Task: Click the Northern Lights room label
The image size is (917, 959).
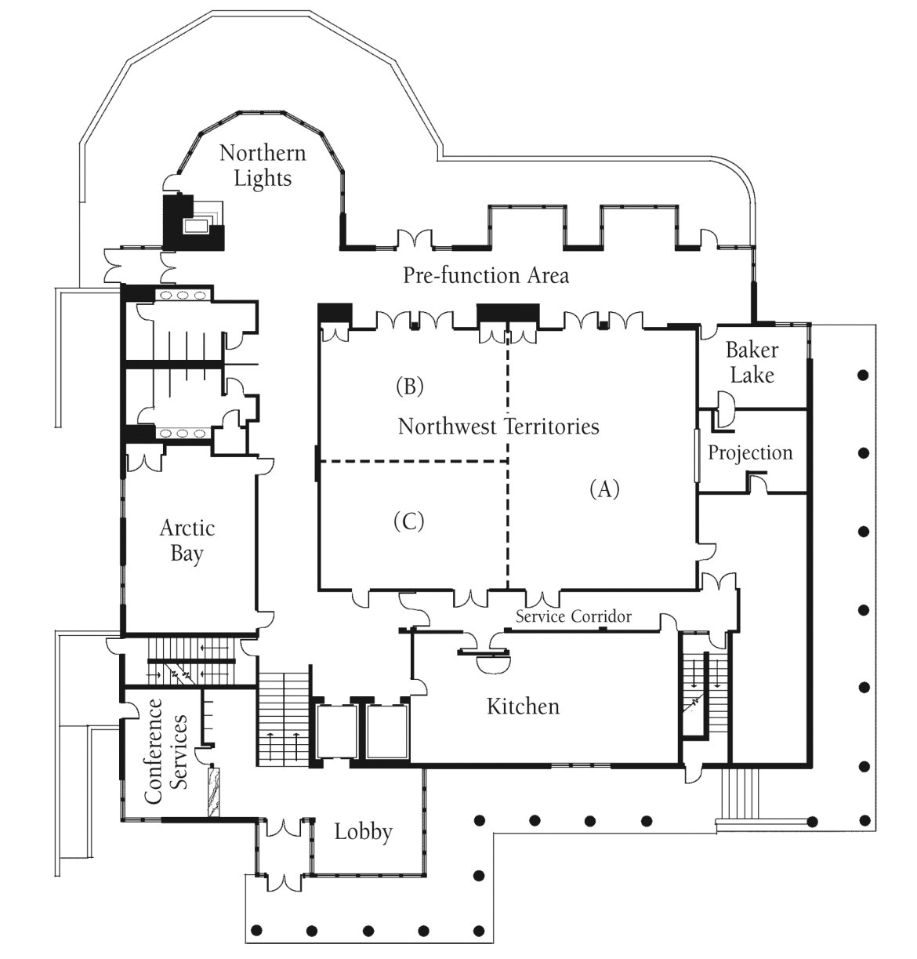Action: pyautogui.click(x=262, y=165)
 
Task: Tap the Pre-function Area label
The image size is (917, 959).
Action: pyautogui.click(x=485, y=275)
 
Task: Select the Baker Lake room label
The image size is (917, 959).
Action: pyautogui.click(x=751, y=362)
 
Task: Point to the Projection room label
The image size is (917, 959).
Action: pyautogui.click(x=750, y=452)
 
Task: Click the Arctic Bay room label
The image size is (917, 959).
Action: pyautogui.click(x=187, y=540)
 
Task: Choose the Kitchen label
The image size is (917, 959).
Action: pyautogui.click(x=523, y=707)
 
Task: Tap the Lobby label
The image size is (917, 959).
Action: pyautogui.click(x=363, y=831)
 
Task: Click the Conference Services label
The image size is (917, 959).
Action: pyautogui.click(x=165, y=751)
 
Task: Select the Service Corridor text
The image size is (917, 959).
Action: pyautogui.click(x=573, y=616)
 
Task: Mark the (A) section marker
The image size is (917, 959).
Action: pyautogui.click(x=604, y=489)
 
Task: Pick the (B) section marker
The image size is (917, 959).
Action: pyautogui.click(x=409, y=386)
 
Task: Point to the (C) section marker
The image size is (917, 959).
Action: pyautogui.click(x=409, y=521)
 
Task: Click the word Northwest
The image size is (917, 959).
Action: pyautogui.click(x=447, y=427)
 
